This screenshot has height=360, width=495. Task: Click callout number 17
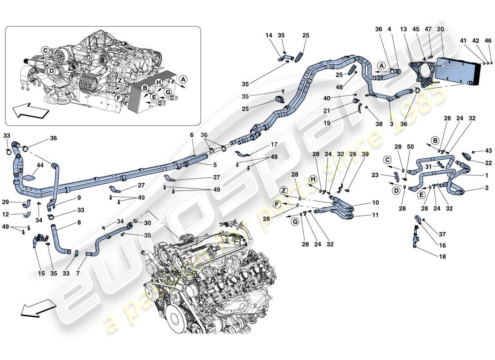coord(274,145)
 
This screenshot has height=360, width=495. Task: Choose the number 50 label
coord(410,147)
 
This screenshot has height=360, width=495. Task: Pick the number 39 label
coord(352,154)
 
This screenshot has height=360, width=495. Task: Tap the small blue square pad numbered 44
coord(28,178)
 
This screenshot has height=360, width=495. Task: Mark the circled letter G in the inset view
coord(168,92)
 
